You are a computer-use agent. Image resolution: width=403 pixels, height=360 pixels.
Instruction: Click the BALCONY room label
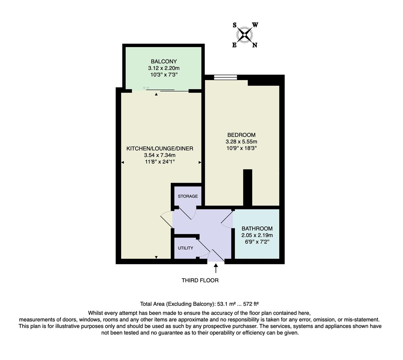(x=163, y=61)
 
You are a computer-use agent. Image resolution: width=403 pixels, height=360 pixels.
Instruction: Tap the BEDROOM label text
(x=241, y=135)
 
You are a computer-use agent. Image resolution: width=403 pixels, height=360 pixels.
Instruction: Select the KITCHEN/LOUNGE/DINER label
(x=159, y=149)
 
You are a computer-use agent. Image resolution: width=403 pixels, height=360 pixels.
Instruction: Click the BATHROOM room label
(x=257, y=229)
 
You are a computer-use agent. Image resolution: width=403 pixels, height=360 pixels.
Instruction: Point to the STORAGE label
(x=187, y=196)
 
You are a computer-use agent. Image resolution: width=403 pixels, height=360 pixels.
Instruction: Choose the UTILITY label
(x=185, y=248)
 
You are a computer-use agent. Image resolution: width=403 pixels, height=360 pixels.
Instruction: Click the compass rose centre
(x=245, y=35)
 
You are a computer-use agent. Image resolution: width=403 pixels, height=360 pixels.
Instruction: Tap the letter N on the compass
(x=255, y=45)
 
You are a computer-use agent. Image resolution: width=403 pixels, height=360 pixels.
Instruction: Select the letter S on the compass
(x=235, y=25)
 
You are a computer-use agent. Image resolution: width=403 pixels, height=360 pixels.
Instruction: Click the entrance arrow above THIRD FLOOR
(x=216, y=268)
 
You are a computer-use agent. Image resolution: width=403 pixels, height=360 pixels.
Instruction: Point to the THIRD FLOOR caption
(x=200, y=280)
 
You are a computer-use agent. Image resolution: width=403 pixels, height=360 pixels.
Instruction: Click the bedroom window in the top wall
(x=225, y=78)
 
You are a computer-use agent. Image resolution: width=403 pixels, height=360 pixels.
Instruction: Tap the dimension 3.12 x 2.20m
(x=163, y=68)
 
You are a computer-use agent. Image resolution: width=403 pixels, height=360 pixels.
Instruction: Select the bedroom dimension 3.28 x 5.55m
(x=241, y=142)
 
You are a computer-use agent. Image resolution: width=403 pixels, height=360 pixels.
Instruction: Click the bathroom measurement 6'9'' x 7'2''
(x=257, y=242)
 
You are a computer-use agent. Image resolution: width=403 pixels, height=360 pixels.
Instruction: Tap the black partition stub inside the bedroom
(x=248, y=187)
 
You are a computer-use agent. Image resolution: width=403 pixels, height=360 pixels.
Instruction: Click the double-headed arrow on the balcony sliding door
(x=146, y=88)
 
